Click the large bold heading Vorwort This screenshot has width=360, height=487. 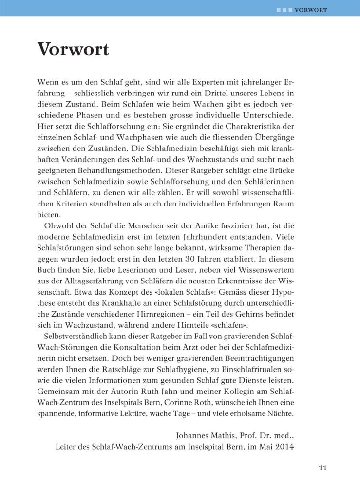click(73, 49)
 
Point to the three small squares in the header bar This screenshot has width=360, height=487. click(284, 9)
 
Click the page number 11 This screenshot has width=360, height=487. click(322, 468)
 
